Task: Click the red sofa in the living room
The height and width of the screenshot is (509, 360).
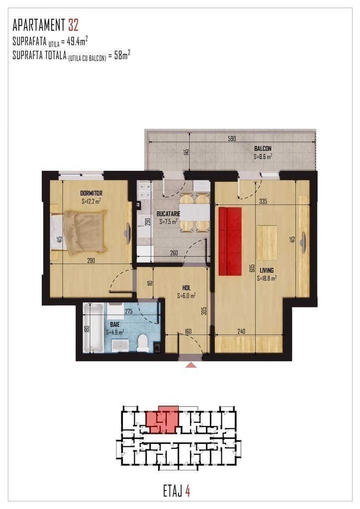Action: tap(230, 241)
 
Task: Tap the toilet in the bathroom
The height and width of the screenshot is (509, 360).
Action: tap(142, 343)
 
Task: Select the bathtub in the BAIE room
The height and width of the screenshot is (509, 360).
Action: tap(93, 328)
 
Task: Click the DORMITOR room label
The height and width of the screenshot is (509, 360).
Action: tap(91, 194)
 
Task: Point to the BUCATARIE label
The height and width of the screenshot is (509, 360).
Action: tap(169, 214)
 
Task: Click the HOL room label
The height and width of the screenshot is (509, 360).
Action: tap(186, 288)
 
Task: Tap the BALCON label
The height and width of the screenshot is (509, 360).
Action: tap(263, 149)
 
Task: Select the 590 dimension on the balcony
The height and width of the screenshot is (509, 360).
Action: tap(232, 139)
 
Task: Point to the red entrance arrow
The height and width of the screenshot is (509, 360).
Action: tap(191, 365)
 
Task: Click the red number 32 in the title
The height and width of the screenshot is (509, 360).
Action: tap(73, 25)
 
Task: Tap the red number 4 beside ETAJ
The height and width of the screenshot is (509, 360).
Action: tap(187, 491)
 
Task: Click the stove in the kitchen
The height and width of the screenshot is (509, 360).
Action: tap(145, 191)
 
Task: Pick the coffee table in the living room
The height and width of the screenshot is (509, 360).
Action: tap(267, 243)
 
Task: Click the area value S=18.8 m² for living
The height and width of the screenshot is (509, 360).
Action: tap(267, 278)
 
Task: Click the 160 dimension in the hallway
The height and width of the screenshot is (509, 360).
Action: tap(188, 331)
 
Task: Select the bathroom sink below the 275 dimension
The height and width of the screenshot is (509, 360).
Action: tap(120, 345)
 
